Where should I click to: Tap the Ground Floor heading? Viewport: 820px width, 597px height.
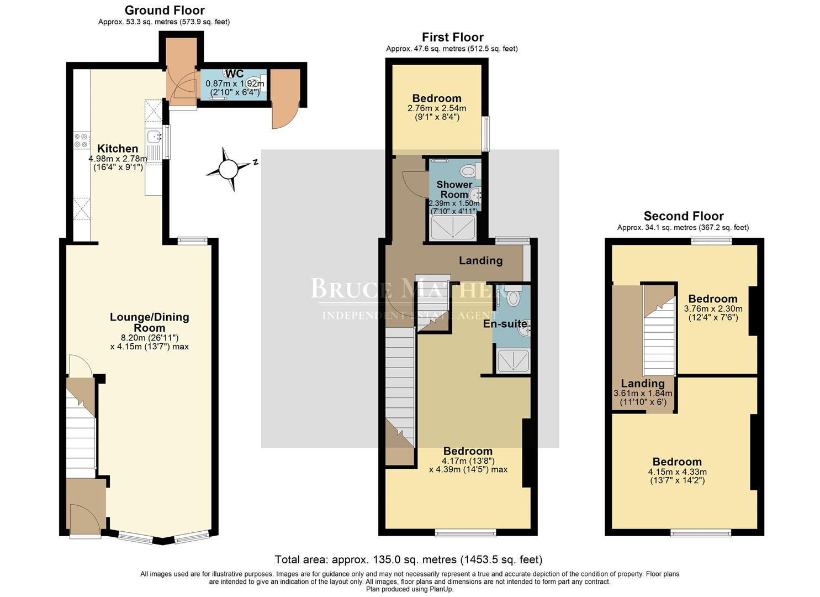coord(165,11)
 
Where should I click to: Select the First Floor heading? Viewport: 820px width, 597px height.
coord(452,37)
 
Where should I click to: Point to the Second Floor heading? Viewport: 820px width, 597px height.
coord(683,216)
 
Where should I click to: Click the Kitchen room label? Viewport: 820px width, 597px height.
coord(118,149)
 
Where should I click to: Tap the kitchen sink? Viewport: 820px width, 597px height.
coord(153,135)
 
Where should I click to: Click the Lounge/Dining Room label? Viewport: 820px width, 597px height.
coord(149,322)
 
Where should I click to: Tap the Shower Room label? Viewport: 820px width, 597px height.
coord(454,190)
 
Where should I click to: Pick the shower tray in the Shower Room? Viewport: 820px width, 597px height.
coord(453,227)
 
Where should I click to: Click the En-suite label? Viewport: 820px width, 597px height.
coord(505,324)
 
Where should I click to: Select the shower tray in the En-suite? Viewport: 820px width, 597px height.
coord(513,360)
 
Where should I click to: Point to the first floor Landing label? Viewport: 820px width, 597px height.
coord(480,260)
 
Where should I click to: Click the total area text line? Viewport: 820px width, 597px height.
coord(409,560)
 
